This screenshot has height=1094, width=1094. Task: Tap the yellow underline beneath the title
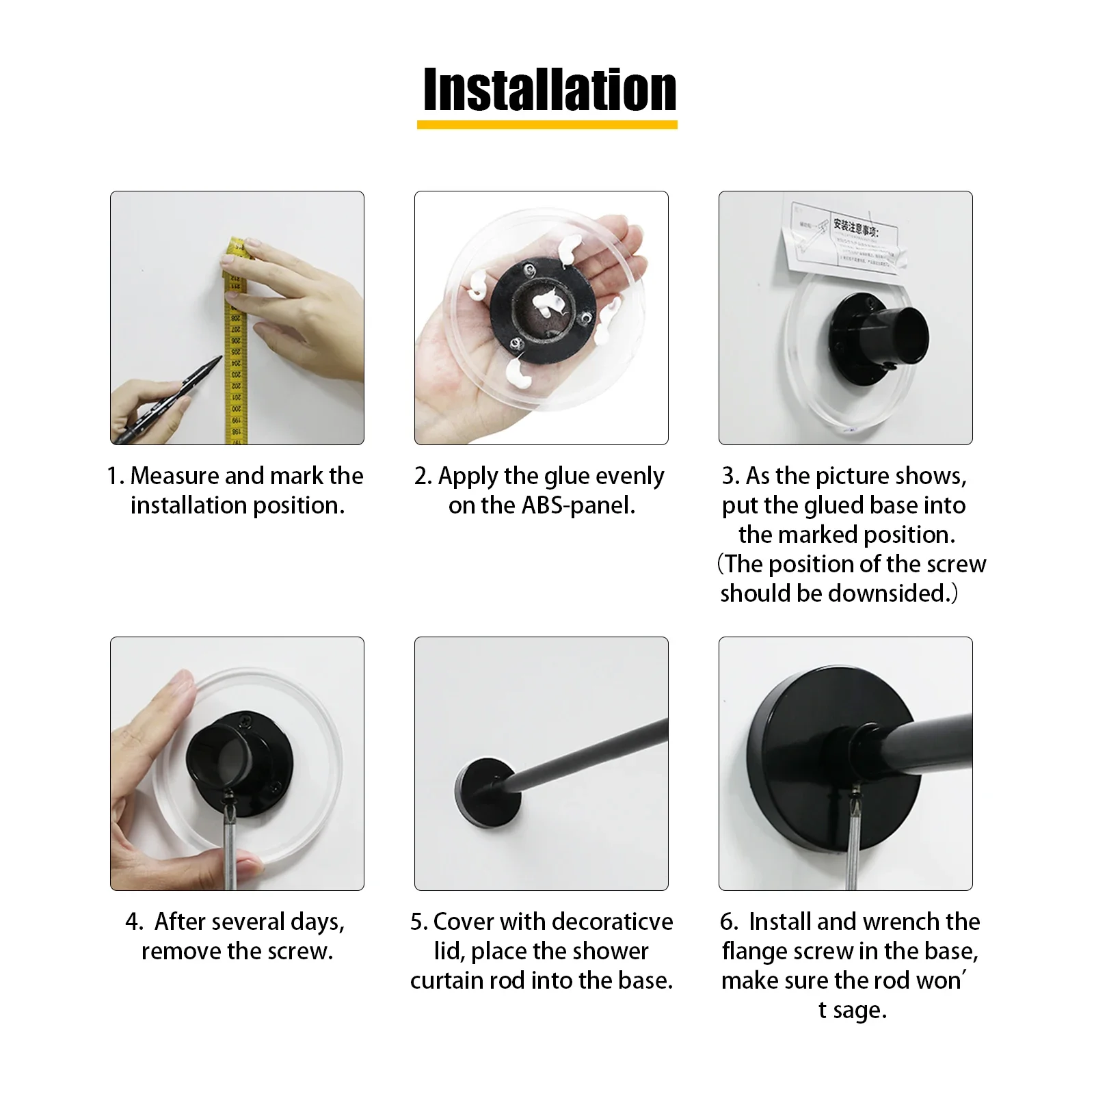point(547,125)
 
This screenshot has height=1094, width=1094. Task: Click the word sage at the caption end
point(859,1011)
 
